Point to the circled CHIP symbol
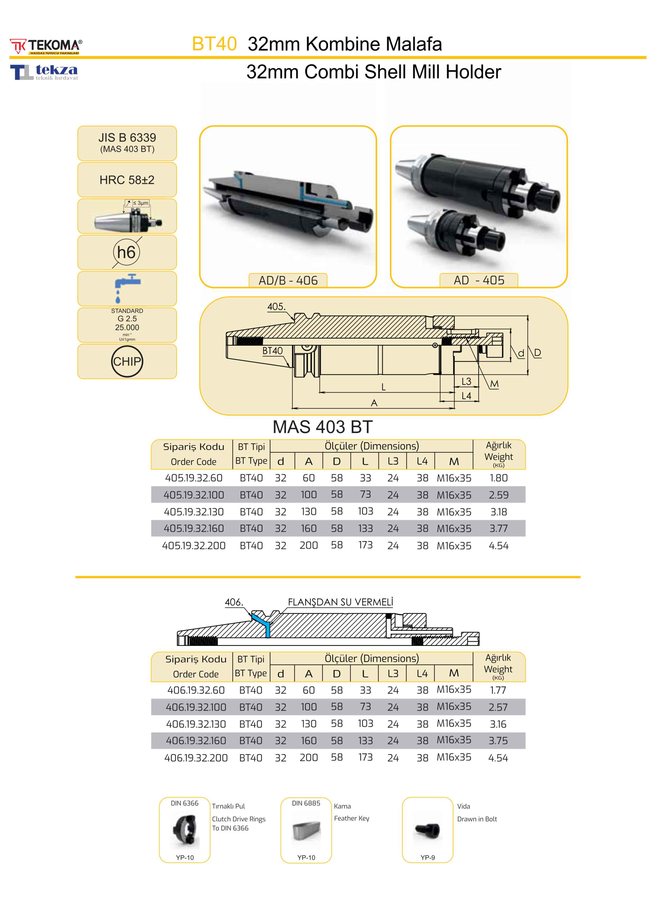(127, 362)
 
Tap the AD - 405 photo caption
(479, 280)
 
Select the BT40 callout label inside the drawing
(272, 351)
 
